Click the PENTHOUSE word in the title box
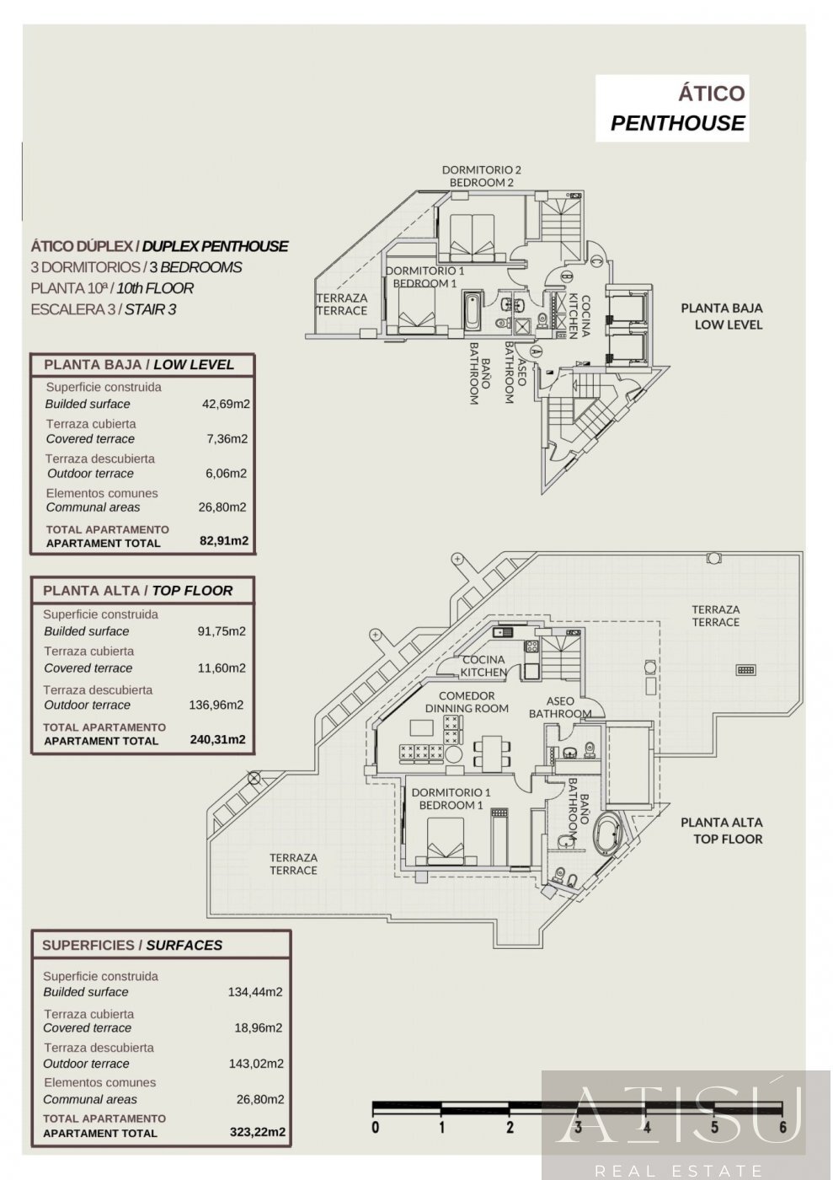677,123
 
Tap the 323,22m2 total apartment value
256,1132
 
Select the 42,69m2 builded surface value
225,404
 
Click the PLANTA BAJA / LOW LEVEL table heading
138,364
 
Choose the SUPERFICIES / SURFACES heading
132,945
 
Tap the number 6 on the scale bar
782,1127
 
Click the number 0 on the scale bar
375,1127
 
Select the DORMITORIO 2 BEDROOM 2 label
481,176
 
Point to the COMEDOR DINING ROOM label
466,702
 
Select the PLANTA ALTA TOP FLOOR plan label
721,830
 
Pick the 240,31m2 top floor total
218,740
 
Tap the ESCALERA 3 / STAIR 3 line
103,309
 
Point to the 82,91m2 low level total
224,542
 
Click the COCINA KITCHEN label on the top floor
483,666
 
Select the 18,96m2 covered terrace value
258,1027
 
